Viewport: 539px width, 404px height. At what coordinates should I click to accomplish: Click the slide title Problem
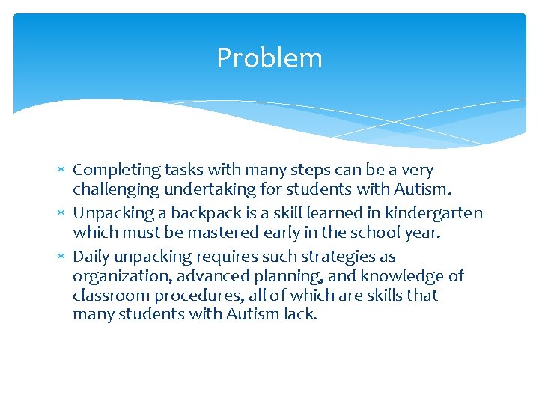pos(269,58)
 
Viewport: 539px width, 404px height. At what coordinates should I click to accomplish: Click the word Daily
pos(91,257)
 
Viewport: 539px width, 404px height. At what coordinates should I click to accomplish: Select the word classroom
pos(106,295)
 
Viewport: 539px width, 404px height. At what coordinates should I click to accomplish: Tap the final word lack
pos(302,314)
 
